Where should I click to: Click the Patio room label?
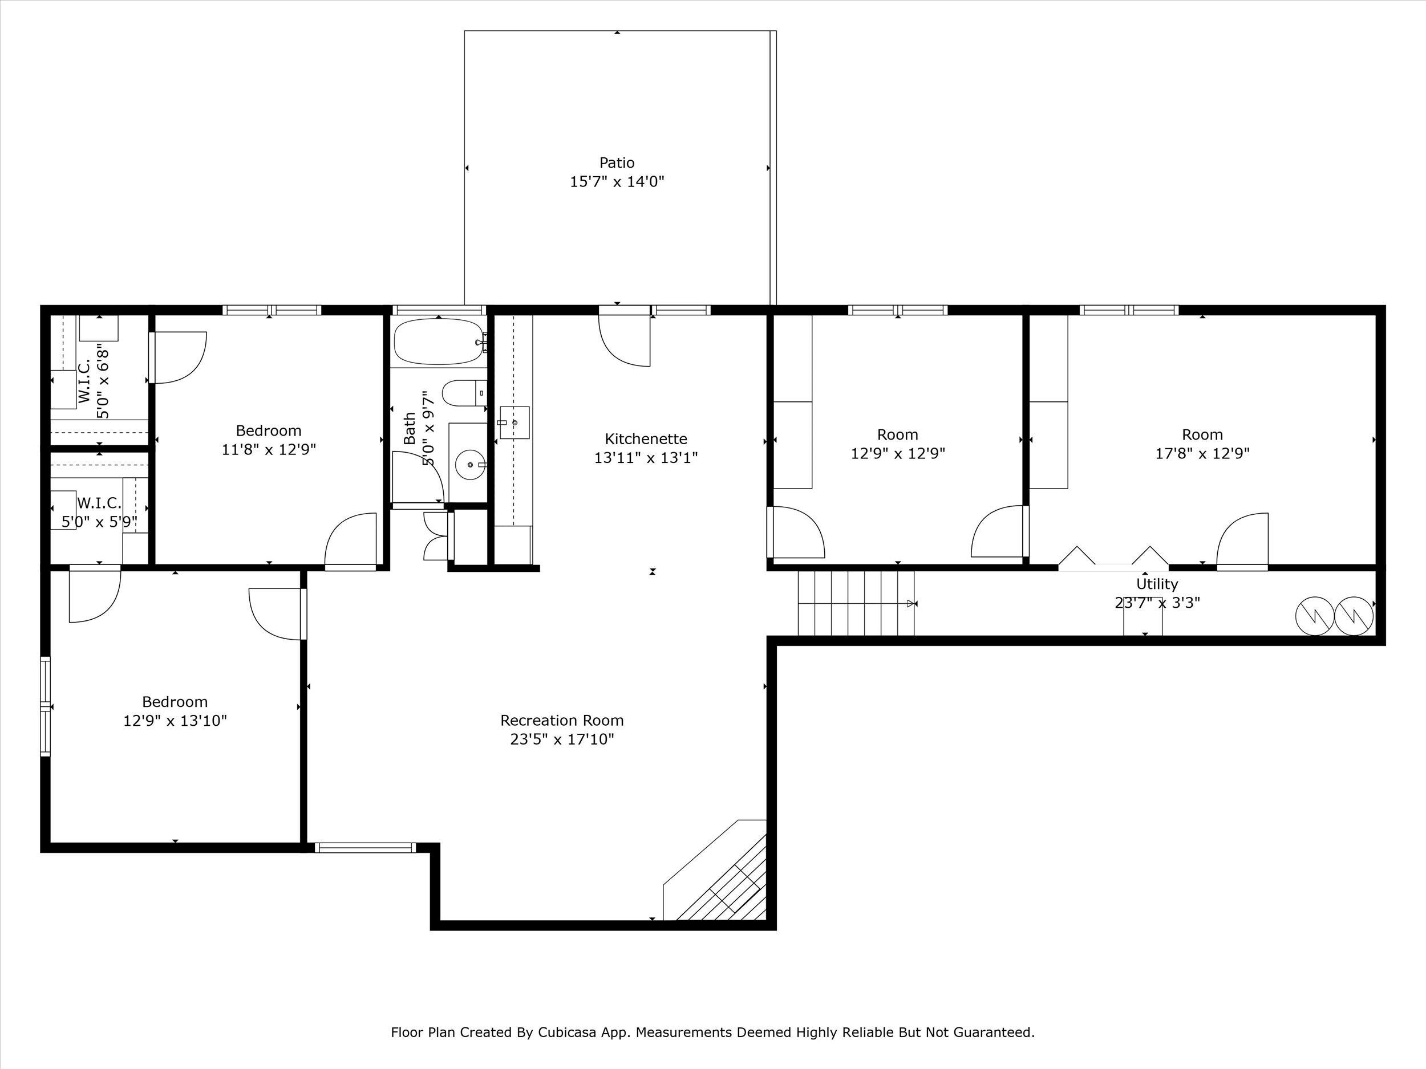[617, 163]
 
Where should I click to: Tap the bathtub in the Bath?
[439, 342]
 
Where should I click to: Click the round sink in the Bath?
[471, 464]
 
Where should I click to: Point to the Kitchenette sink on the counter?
[515, 422]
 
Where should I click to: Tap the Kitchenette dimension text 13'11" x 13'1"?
[646, 457]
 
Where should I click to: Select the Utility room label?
[1157, 584]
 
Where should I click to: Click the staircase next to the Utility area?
[856, 603]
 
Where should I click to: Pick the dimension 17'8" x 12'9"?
[1202, 454]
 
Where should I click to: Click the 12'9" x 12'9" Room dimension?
[898, 454]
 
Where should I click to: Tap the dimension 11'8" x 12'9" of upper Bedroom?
[269, 449]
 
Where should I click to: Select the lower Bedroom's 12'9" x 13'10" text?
[175, 721]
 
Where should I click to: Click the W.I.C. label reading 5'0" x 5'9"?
[99, 521]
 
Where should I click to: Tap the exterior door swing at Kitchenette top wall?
[625, 340]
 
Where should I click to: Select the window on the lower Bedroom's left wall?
[45, 706]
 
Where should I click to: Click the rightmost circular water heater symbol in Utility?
[1354, 616]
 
